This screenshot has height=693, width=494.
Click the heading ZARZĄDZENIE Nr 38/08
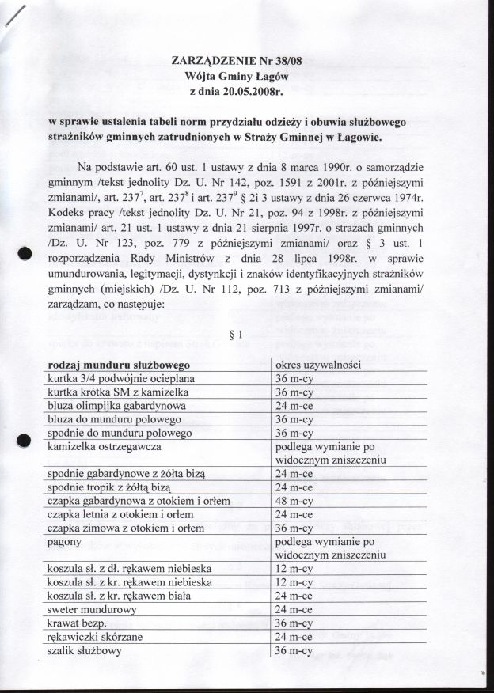[x=247, y=61]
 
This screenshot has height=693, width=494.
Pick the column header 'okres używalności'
[x=318, y=365]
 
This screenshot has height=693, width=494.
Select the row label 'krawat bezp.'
[x=82, y=624]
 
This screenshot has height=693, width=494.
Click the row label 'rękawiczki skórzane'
[x=99, y=638]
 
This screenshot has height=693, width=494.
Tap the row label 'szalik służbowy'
[x=87, y=651]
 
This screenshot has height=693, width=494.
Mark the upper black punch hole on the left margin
[x=24, y=255]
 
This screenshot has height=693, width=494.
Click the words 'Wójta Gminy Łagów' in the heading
[x=247, y=76]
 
